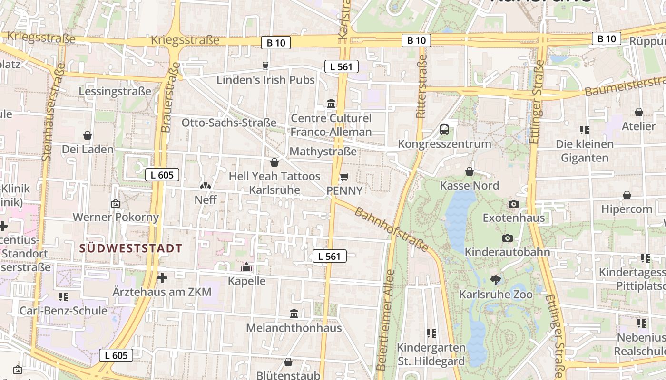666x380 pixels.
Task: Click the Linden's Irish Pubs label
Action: click(265, 80)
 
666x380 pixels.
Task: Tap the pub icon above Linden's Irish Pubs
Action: click(266, 66)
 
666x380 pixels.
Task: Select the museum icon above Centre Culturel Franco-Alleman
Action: click(331, 104)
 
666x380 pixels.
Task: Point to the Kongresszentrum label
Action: click(444, 143)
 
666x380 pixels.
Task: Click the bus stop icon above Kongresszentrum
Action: click(444, 129)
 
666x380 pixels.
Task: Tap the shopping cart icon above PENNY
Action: click(344, 177)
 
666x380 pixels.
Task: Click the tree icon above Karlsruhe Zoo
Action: click(495, 280)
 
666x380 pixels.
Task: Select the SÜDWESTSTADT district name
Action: click(131, 248)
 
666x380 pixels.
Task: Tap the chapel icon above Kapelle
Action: click(246, 267)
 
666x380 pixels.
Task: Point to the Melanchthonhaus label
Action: click(294, 328)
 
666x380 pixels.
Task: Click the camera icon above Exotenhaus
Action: click(513, 204)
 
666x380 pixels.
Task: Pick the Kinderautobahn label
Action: click(507, 252)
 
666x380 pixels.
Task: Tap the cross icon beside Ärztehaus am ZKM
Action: click(162, 277)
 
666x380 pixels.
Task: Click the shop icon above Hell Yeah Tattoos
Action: click(274, 162)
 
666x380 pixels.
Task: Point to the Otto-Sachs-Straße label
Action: click(229, 123)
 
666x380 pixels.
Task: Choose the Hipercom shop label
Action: click(627, 209)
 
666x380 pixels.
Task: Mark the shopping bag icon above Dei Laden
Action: click(88, 135)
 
